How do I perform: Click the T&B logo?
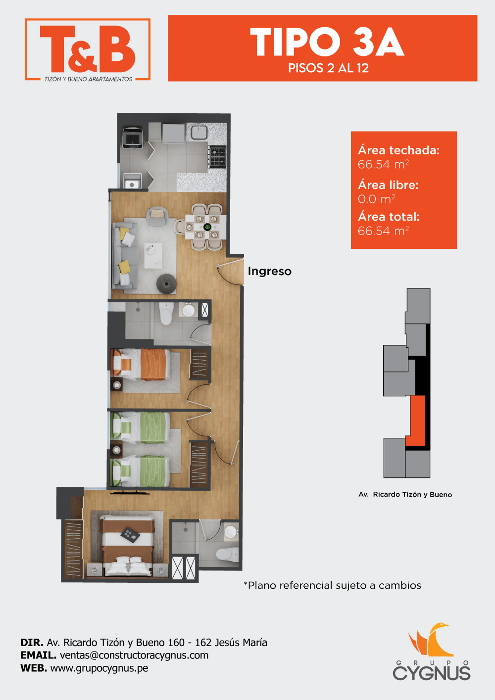tap(88, 49)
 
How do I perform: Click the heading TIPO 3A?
tap(327, 42)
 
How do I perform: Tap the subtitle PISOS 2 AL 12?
tap(328, 68)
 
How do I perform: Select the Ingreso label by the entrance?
tap(270, 271)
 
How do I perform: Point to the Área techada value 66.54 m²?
tap(383, 164)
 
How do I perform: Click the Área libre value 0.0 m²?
tap(377, 199)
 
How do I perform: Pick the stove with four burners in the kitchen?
tap(218, 157)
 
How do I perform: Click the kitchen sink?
tap(199, 132)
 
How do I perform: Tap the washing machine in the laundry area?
tap(133, 138)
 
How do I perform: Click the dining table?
tap(205, 227)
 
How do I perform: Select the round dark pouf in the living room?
tap(166, 283)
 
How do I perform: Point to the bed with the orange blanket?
tap(141, 365)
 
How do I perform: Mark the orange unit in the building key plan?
tap(416, 420)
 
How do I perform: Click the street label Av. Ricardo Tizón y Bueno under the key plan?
tap(405, 494)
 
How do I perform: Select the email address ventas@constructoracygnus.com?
tap(134, 655)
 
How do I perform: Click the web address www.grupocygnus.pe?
tap(99, 668)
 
